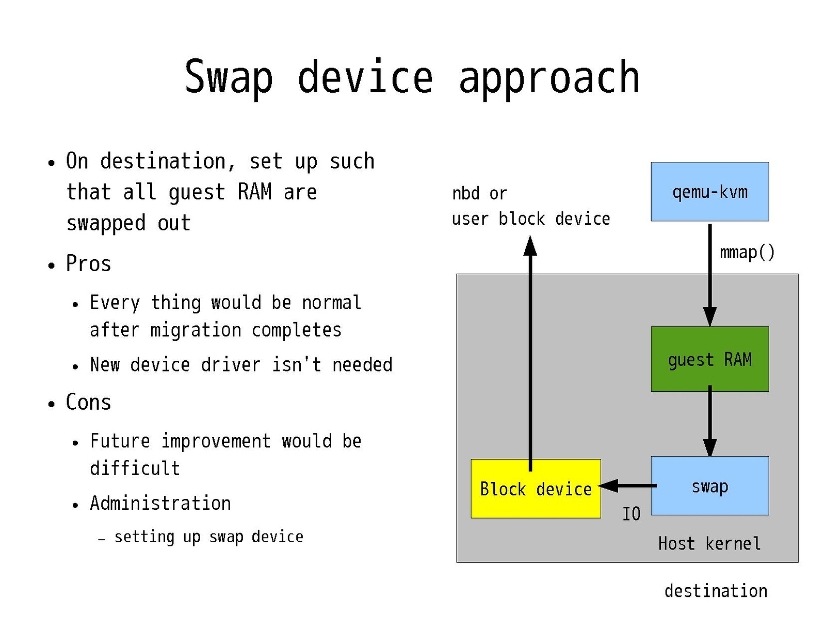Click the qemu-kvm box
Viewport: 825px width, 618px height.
pyautogui.click(x=709, y=192)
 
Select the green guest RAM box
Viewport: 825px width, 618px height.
pyautogui.click(x=709, y=359)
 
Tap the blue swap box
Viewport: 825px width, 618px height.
pyautogui.click(x=709, y=486)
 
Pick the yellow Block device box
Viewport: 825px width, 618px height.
pyautogui.click(x=536, y=489)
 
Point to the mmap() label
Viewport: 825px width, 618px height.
pyautogui.click(x=747, y=252)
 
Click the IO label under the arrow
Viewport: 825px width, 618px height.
pyautogui.click(x=631, y=513)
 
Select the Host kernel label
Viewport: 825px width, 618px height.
pyautogui.click(x=709, y=543)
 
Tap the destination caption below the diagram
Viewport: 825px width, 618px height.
pyautogui.click(x=716, y=591)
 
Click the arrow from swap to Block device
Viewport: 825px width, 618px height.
pyautogui.click(x=627, y=486)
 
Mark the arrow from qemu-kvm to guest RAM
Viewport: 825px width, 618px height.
pyautogui.click(x=710, y=273)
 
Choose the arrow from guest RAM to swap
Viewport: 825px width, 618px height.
pyautogui.click(x=710, y=420)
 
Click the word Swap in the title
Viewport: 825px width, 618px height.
pyautogui.click(x=229, y=77)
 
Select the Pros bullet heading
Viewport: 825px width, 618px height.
pyautogui.click(x=88, y=264)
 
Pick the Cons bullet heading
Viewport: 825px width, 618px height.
pyautogui.click(x=88, y=402)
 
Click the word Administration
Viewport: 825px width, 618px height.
pyautogui.click(x=160, y=503)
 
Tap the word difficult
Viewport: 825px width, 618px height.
pyautogui.click(x=135, y=468)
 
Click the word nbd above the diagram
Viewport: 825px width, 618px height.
pyautogui.click(x=466, y=193)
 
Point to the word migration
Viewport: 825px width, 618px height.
pyautogui.click(x=196, y=330)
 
